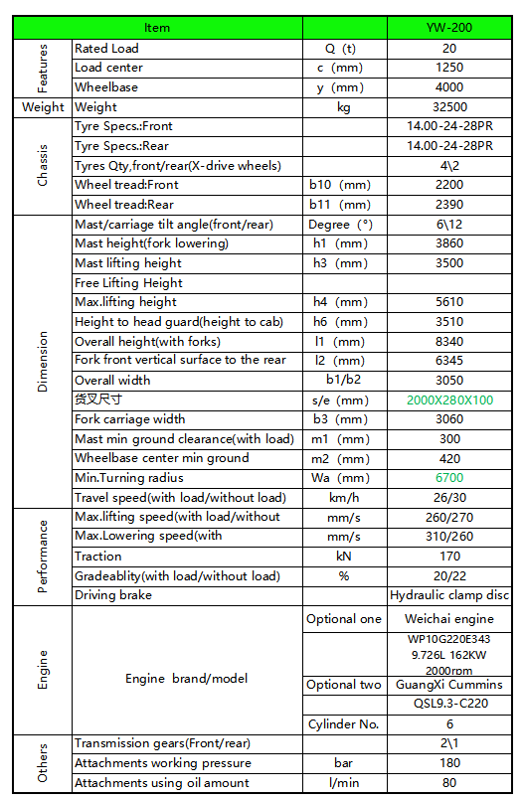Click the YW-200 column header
(448, 28)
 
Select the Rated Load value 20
(448, 48)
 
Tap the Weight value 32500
(448, 106)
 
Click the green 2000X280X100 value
(448, 399)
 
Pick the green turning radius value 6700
(448, 478)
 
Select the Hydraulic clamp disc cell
(449, 595)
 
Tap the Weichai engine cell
(448, 619)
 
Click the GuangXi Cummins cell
(448, 685)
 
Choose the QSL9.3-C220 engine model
(448, 705)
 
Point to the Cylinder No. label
(343, 724)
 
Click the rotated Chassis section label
(42, 166)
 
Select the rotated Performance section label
(42, 557)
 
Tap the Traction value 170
(448, 557)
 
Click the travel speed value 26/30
(448, 498)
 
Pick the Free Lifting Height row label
(128, 283)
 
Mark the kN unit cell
(343, 557)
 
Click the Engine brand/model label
(185, 679)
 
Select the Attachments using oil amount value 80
(448, 783)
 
